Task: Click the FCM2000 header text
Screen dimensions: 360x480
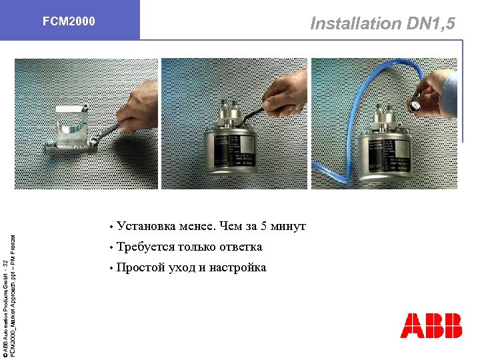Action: click(69, 21)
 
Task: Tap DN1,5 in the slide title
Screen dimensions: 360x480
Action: click(431, 24)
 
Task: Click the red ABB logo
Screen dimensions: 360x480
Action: click(431, 325)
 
